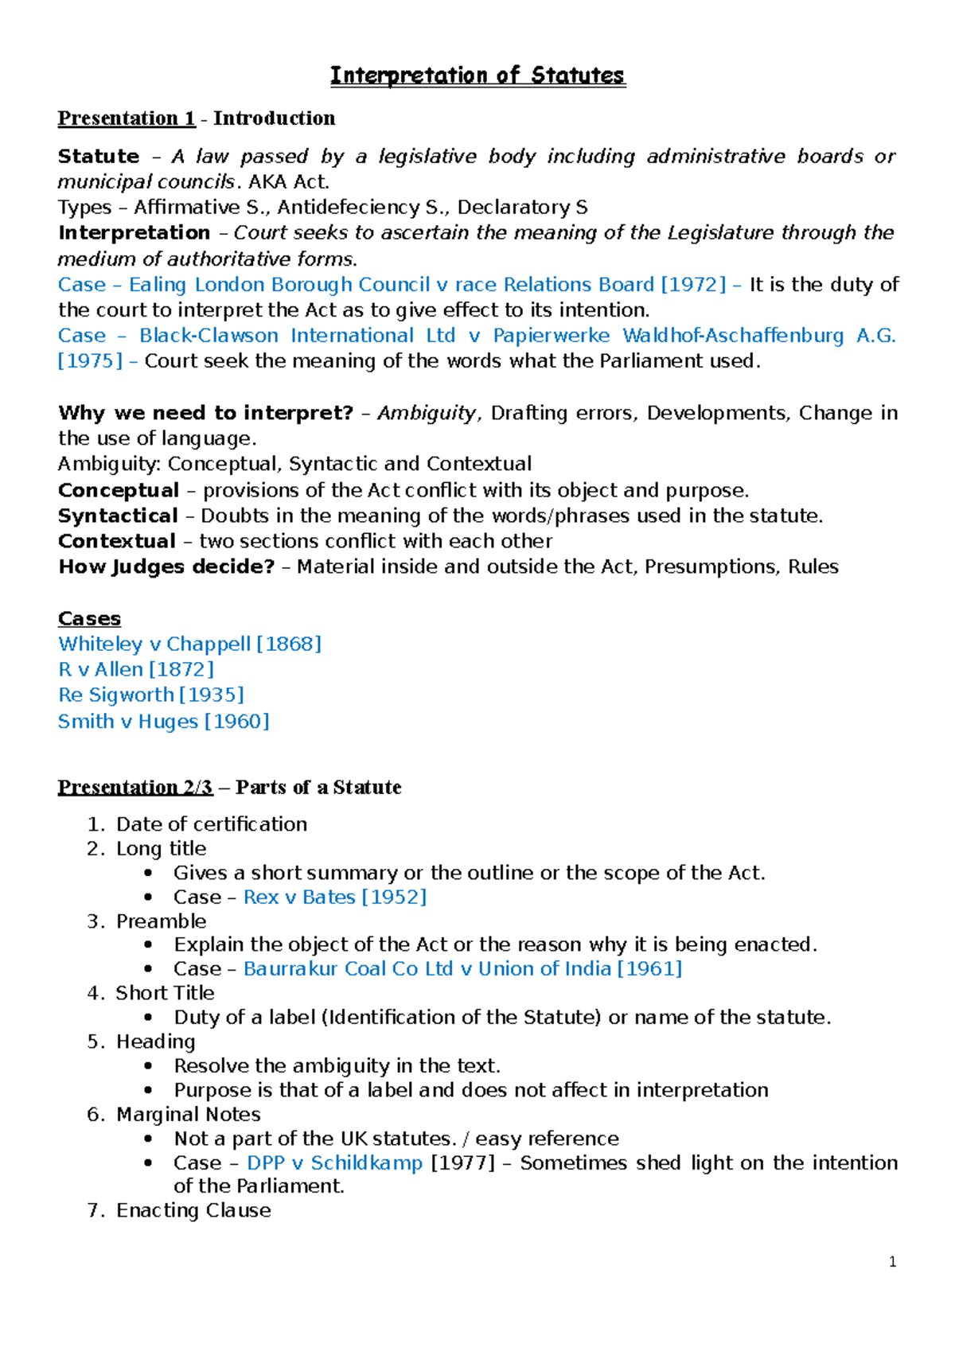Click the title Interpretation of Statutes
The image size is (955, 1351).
point(477,76)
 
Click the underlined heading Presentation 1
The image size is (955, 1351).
point(127,119)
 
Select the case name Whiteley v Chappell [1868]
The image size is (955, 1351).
point(189,644)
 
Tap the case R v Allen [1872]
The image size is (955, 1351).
point(136,669)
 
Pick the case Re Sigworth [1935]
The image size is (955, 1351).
point(151,695)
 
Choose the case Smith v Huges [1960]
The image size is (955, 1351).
point(164,721)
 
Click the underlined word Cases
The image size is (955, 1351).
point(89,618)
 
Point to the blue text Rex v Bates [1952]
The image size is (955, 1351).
point(335,897)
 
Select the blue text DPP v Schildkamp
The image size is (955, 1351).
point(334,1162)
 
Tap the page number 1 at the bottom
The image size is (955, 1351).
point(892,1262)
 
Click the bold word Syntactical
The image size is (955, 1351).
point(118,516)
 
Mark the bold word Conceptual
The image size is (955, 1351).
point(119,490)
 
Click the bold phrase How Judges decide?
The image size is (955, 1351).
point(166,566)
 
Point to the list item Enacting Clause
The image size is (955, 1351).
point(193,1210)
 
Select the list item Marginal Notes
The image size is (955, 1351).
point(189,1114)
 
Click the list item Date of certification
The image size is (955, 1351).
point(212,823)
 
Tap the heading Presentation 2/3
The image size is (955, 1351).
point(135,787)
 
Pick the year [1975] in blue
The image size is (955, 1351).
point(90,360)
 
